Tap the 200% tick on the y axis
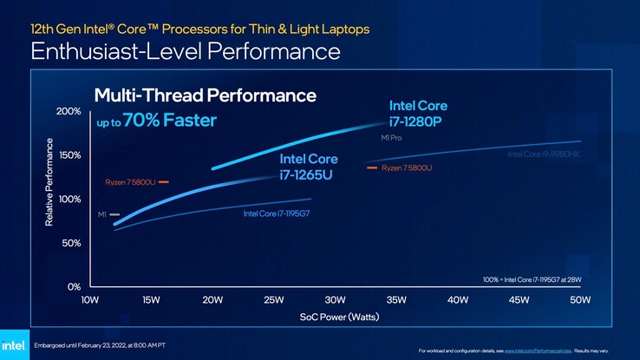69,112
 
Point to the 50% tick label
72,243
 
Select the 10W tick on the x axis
89,300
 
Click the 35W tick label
396,300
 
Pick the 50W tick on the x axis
580,300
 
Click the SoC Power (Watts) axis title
334,317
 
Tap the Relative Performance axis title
49,184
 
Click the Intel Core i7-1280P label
418,113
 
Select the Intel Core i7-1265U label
307,167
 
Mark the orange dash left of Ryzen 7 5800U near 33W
372,167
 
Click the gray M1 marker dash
114,213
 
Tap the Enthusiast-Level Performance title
185,51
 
